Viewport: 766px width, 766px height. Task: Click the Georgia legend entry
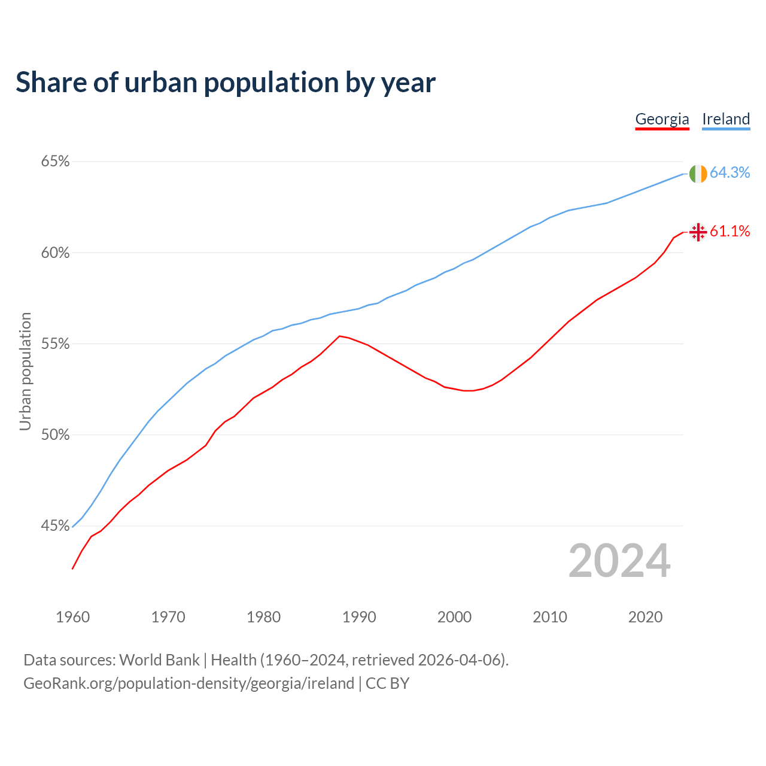click(x=662, y=119)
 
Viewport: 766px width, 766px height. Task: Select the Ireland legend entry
click(x=726, y=119)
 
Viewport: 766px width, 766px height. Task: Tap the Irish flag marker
click(x=698, y=174)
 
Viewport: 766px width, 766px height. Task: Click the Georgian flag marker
click(x=698, y=232)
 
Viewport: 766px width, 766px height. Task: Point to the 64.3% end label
click(x=730, y=172)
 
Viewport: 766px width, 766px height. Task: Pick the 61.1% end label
click(x=730, y=231)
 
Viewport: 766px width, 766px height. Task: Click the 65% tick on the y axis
click(x=55, y=162)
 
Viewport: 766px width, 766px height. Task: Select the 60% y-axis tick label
click(x=55, y=253)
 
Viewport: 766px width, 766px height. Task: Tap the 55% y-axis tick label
click(x=55, y=344)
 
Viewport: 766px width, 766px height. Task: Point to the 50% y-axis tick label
click(x=55, y=435)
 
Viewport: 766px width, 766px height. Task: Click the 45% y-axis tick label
click(x=55, y=526)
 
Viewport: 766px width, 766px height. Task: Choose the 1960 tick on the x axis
click(x=73, y=617)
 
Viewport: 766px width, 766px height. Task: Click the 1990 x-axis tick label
click(x=359, y=617)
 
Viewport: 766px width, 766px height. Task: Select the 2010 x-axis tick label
click(x=550, y=617)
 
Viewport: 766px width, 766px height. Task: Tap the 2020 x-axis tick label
click(x=645, y=617)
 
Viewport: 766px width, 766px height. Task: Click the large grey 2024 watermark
click(x=619, y=561)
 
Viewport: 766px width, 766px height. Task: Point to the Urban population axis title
click(x=25, y=371)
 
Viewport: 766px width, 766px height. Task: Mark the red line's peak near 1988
click(x=340, y=336)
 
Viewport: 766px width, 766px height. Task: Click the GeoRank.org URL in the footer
click(x=189, y=683)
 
